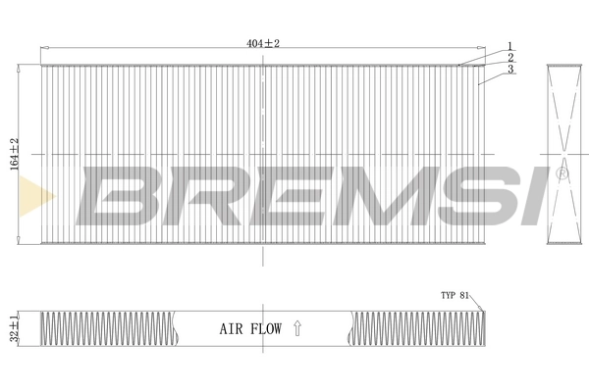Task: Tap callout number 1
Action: click(510, 45)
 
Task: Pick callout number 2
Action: click(510, 57)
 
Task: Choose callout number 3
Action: click(510, 69)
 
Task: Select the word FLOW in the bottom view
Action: click(266, 330)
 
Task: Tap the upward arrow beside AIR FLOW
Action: click(297, 330)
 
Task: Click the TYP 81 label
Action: click(455, 295)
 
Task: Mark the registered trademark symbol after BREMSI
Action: click(562, 173)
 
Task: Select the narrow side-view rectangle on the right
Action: click(564, 154)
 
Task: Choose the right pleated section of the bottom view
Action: click(417, 328)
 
